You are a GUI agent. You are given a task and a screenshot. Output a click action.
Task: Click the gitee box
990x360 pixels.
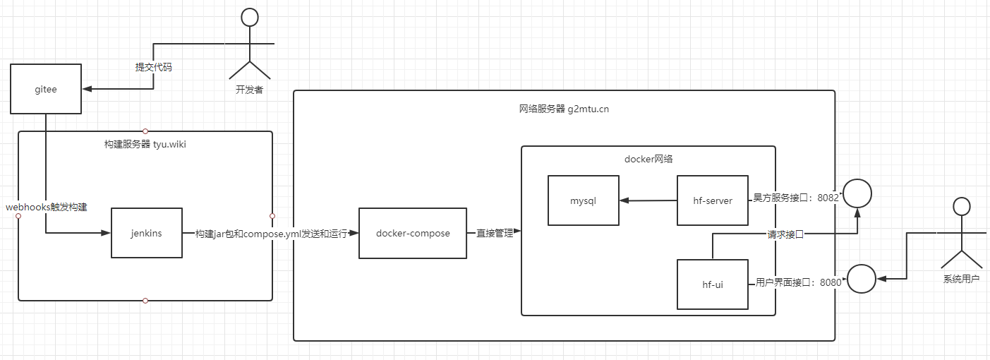point(45,89)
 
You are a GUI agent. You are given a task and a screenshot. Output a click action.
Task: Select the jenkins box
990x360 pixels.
point(147,233)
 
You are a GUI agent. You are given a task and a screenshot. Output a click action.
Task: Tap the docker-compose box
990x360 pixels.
point(413,233)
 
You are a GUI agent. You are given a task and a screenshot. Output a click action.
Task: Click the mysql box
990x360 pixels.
point(584,200)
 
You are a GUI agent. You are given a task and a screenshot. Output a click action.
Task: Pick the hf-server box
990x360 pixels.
point(712,200)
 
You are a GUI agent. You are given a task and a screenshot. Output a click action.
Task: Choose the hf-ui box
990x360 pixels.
point(712,284)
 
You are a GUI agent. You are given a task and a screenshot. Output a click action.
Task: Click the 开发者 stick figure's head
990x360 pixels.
point(249,18)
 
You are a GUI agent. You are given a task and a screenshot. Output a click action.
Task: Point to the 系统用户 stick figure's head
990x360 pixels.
point(961,206)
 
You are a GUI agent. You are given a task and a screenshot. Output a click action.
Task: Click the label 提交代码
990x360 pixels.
point(154,68)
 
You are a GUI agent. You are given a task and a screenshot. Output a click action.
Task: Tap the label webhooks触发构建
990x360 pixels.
point(47,208)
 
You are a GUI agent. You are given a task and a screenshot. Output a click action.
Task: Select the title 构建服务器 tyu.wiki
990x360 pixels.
point(145,144)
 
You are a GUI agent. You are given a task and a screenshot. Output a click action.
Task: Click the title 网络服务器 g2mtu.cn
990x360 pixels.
point(564,109)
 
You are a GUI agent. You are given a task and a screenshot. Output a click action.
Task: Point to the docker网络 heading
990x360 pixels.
point(648,159)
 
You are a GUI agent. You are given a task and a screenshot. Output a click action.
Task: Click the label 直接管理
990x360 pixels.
point(494,233)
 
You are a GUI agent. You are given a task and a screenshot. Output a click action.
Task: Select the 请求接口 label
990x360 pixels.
point(785,234)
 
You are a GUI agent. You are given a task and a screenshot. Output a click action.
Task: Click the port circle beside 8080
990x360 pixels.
point(861,280)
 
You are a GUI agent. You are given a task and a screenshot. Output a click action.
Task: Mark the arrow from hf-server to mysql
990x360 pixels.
point(648,200)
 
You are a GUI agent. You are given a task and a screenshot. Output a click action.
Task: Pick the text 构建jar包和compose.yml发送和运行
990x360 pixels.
point(271,234)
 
